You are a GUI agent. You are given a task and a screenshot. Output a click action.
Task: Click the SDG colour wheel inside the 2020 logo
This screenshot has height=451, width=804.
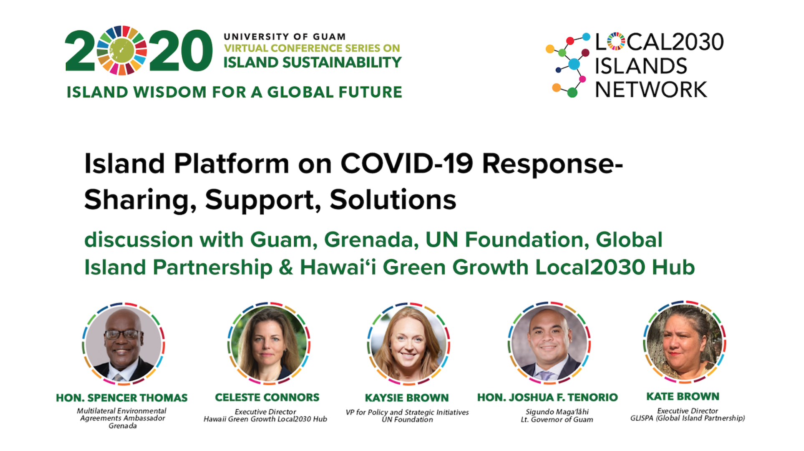(122, 50)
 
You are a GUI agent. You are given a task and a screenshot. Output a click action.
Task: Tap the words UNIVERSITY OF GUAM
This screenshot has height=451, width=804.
(285, 37)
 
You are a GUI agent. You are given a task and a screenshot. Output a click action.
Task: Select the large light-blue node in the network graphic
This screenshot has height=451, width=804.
(574, 64)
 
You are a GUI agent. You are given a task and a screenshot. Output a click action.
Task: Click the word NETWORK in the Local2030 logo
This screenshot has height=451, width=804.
(651, 90)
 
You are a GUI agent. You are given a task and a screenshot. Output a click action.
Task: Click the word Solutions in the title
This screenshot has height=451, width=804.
(393, 200)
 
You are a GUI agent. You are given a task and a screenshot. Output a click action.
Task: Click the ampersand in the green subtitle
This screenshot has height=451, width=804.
(286, 267)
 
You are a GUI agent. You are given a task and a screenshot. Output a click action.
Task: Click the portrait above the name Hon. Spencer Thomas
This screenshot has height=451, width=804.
(123, 344)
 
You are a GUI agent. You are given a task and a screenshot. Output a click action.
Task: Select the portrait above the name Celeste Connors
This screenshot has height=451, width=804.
(269, 344)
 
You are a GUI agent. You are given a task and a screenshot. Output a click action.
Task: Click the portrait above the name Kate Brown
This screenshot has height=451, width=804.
(685, 342)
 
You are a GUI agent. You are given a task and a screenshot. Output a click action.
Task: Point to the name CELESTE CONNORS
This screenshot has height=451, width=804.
(267, 398)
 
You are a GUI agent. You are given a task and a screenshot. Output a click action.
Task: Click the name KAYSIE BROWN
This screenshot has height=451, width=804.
(407, 398)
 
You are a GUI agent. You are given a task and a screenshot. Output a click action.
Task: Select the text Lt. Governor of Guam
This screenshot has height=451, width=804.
(557, 420)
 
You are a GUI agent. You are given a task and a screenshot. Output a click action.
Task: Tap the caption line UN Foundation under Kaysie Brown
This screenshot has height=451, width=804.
(407, 420)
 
